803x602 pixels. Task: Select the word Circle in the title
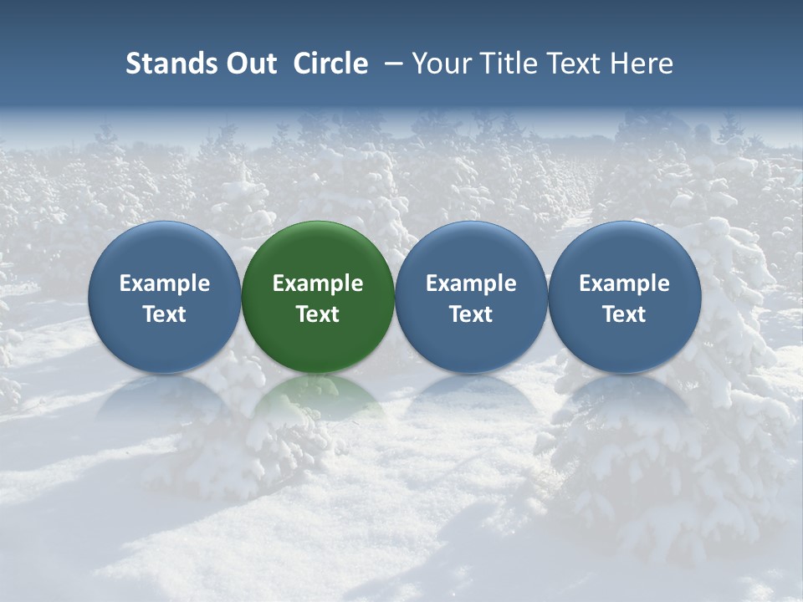330,64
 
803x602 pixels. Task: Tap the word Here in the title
642,64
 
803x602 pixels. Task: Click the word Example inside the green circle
318,283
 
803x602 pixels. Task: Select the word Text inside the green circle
318,314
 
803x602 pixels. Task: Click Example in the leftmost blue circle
165,283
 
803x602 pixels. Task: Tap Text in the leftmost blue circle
165,314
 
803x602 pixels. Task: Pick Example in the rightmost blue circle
624,283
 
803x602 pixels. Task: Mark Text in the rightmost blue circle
624,314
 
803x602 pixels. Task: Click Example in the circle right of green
471,283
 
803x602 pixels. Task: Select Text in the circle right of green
471,314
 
